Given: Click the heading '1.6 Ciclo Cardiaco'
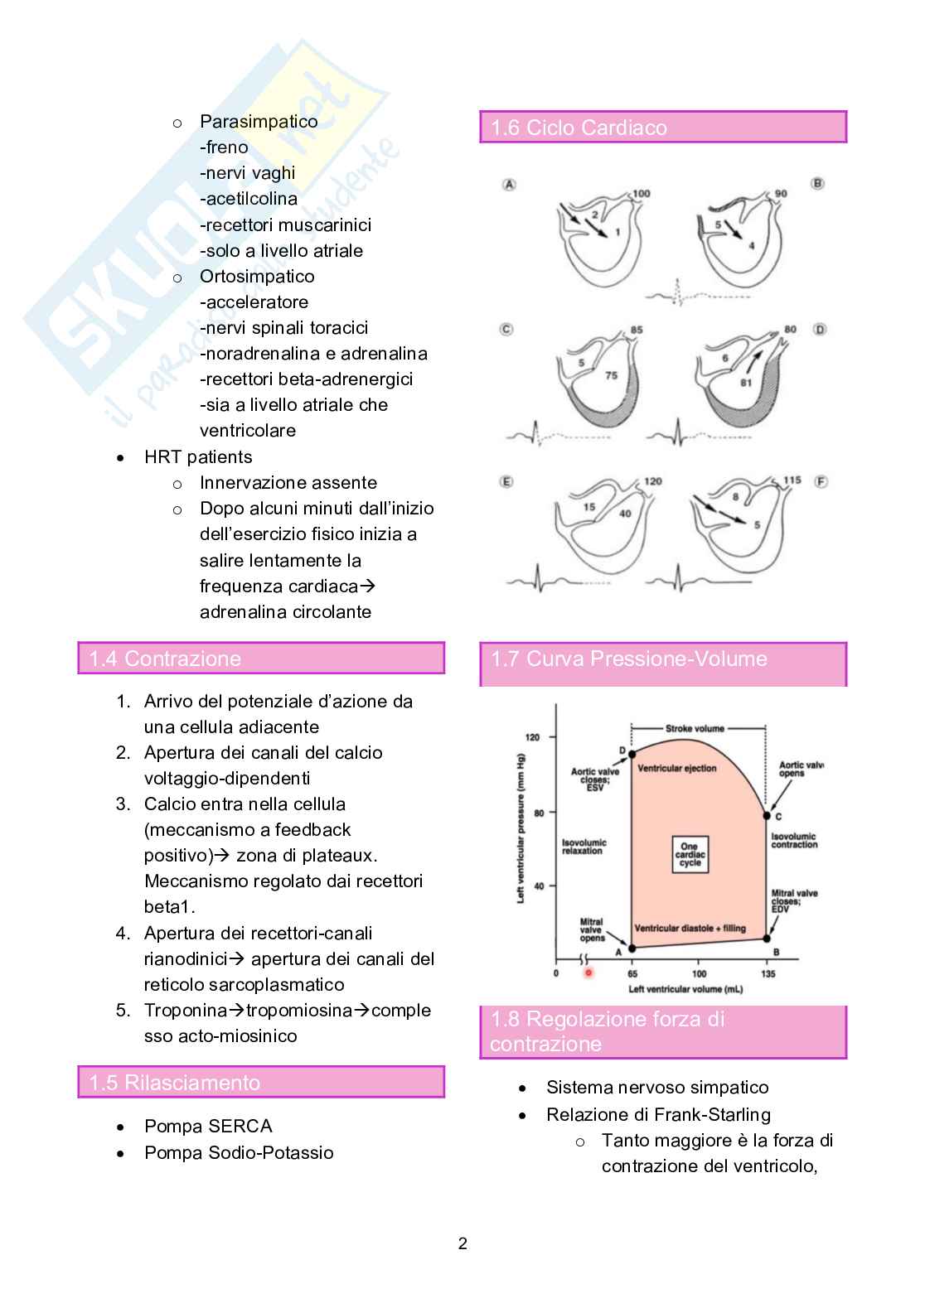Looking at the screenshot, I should pyautogui.click(x=579, y=128).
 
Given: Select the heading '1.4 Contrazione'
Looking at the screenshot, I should pyautogui.click(x=165, y=659).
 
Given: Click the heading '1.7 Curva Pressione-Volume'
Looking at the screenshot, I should pyautogui.click(x=628, y=659).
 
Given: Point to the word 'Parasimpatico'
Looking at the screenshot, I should pyautogui.click(x=259, y=122).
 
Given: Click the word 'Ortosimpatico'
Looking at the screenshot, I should pyautogui.click(x=257, y=277).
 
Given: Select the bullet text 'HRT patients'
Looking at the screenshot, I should pyautogui.click(x=198, y=457).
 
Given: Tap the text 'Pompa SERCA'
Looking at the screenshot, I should pyautogui.click(x=208, y=1127).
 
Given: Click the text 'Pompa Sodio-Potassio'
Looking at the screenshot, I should pyautogui.click(x=239, y=1153).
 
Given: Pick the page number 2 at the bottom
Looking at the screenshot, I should pyautogui.click(x=462, y=1243).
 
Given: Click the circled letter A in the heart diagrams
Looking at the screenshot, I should pyautogui.click(x=509, y=184).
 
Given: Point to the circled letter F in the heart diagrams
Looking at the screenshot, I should pyautogui.click(x=821, y=481).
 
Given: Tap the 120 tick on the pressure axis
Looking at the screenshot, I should pyautogui.click(x=532, y=736).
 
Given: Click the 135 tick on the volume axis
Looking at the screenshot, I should pyautogui.click(x=768, y=973).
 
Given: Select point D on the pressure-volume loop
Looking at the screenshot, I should pyautogui.click(x=632, y=754).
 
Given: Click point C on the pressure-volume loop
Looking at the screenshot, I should pyautogui.click(x=767, y=816).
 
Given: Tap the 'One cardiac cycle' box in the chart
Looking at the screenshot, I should pyautogui.click(x=690, y=855).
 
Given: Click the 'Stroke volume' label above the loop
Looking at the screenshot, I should pyautogui.click(x=695, y=729).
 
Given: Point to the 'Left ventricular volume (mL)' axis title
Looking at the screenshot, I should pyautogui.click(x=685, y=989).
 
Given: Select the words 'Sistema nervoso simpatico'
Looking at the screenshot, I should pyautogui.click(x=657, y=1088).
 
